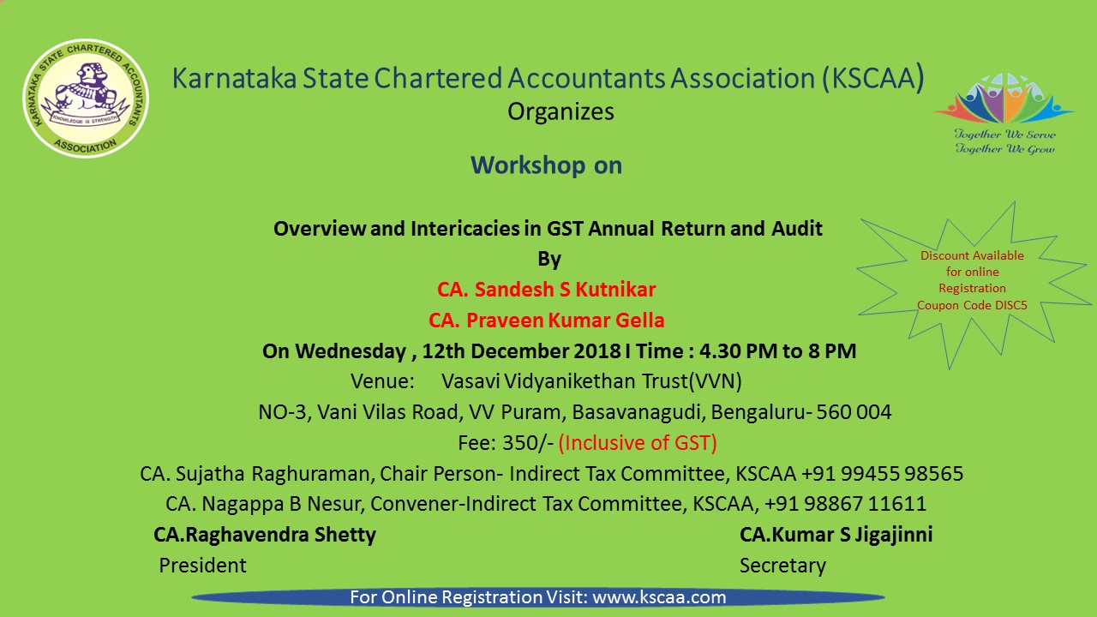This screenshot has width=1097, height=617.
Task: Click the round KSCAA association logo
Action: [x=86, y=98]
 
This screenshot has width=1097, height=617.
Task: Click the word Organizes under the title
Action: [x=560, y=112]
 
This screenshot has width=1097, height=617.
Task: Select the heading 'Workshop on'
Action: [x=547, y=165]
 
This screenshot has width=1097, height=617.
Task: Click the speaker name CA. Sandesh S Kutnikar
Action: [x=547, y=290]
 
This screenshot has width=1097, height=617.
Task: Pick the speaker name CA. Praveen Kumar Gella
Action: [x=547, y=320]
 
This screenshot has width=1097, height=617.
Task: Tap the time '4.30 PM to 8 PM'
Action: [x=776, y=351]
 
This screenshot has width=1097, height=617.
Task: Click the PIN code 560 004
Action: [x=854, y=412]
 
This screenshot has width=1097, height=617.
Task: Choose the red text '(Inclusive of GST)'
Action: [x=638, y=443]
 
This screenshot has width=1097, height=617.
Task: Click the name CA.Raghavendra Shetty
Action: [x=265, y=535]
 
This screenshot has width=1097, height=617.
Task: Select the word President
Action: [x=202, y=566]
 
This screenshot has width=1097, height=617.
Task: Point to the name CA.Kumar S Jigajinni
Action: [x=836, y=535]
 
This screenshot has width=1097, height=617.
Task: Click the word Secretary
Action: [x=782, y=566]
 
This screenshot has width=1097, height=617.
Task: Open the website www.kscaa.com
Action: [x=659, y=597]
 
